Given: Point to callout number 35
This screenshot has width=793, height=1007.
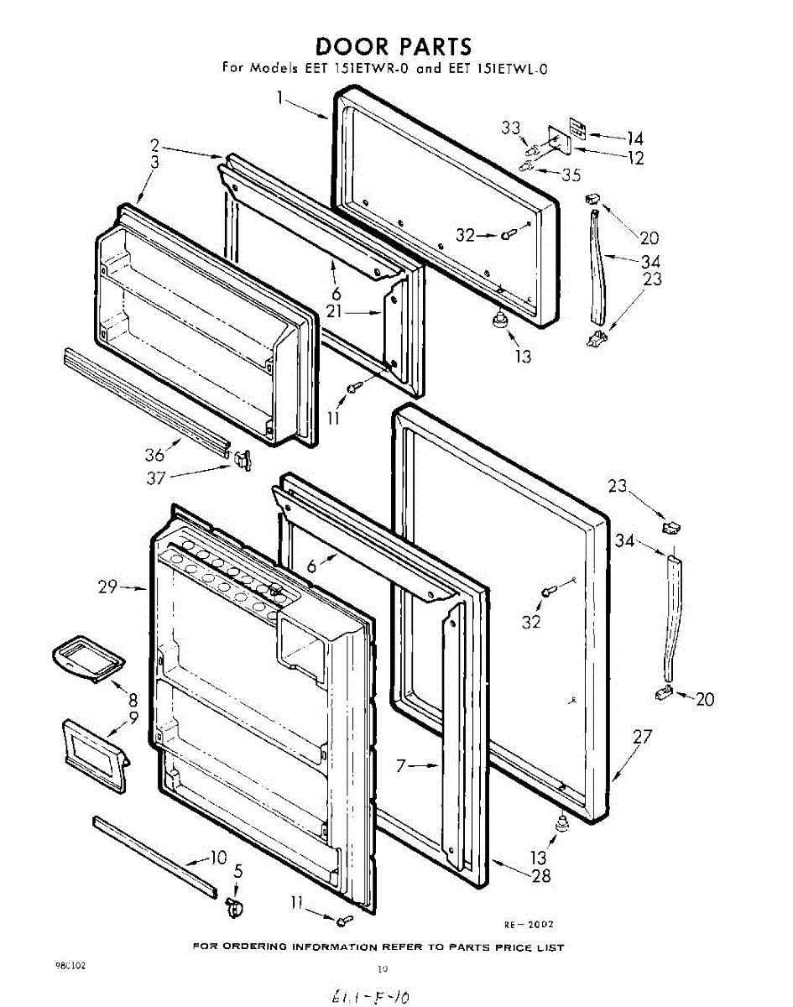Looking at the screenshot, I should tap(571, 175).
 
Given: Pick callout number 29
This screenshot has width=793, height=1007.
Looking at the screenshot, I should tap(107, 587).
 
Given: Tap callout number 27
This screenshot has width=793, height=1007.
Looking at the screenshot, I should tap(642, 738).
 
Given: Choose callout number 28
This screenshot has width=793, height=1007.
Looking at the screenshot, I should tap(541, 876).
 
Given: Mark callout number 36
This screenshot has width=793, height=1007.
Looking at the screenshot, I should tap(154, 456).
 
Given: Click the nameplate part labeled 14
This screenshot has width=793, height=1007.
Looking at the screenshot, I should tap(576, 128).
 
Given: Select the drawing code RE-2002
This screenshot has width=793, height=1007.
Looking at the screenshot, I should tap(529, 925).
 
